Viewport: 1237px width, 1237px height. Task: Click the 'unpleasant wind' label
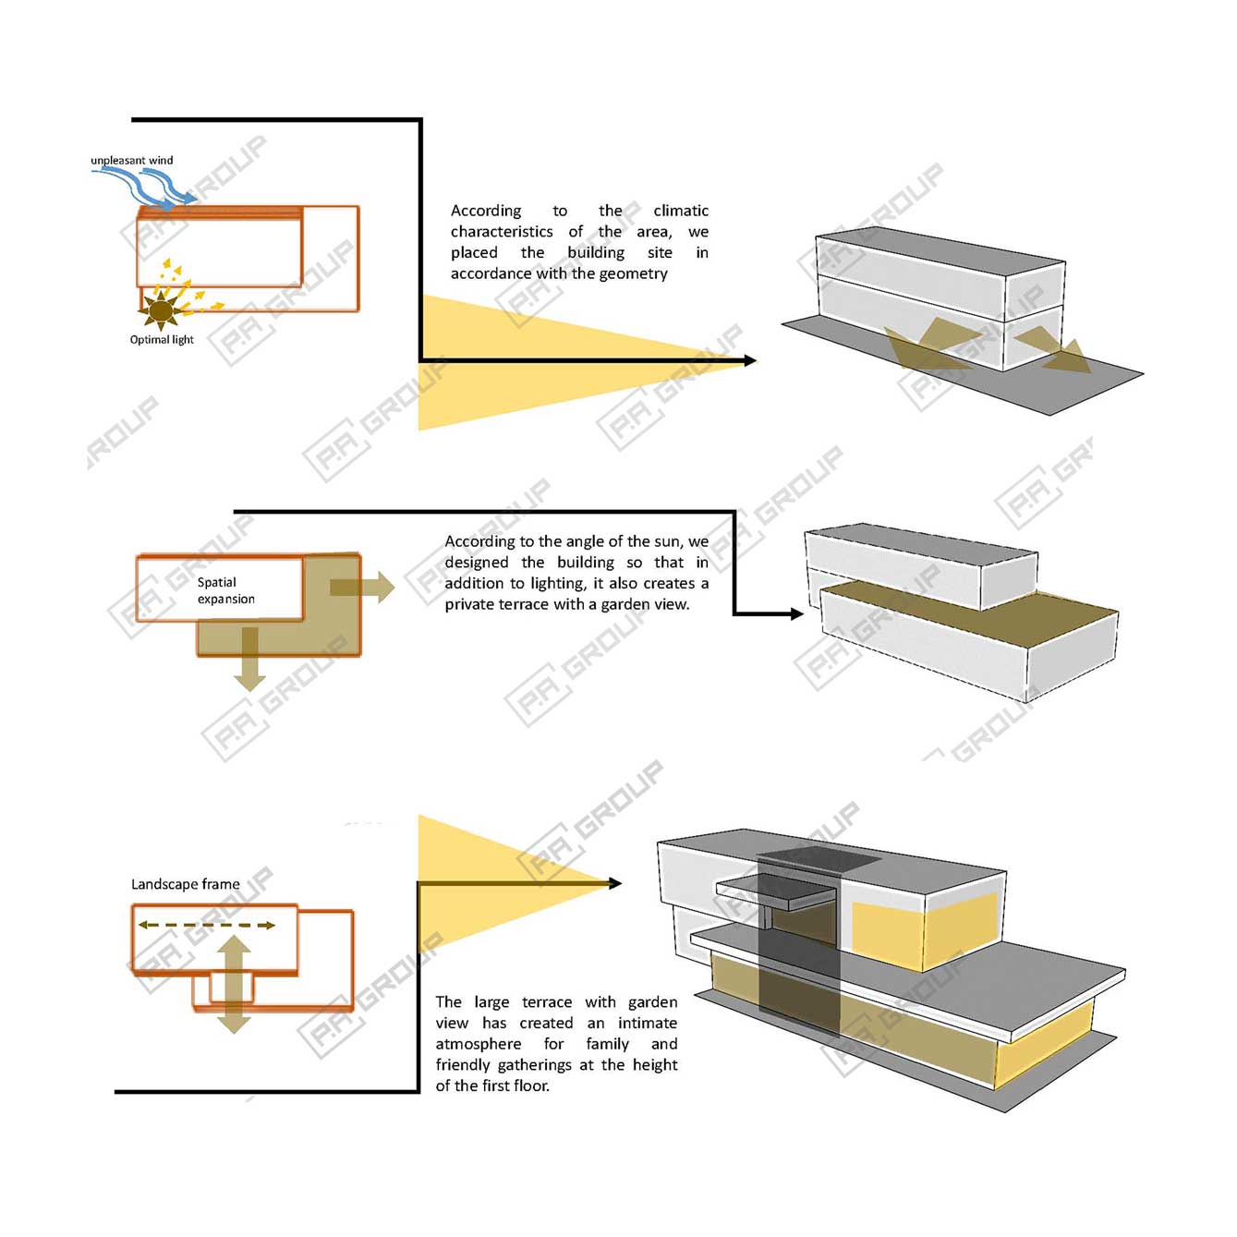coord(131,160)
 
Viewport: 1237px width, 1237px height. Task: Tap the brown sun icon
coord(160,310)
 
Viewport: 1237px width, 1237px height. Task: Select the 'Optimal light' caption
coord(162,340)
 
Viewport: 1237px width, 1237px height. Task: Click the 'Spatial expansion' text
coord(226,590)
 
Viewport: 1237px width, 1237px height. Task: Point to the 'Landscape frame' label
coord(186,884)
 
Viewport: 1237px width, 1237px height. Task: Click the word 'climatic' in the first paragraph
coord(681,211)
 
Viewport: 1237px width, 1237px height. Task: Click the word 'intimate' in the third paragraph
coord(647,1023)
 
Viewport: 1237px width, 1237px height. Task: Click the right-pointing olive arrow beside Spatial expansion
coord(362,587)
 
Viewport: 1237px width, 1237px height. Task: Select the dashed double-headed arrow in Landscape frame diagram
coord(207,925)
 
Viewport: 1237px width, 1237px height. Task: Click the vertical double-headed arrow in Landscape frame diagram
coord(234,984)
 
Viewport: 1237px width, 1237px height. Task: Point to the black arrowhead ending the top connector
coord(750,361)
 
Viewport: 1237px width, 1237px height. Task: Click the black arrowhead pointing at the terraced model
coord(796,614)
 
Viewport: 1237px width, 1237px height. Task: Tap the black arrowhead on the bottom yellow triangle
coord(615,884)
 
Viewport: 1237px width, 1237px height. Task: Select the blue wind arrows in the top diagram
coord(144,188)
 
